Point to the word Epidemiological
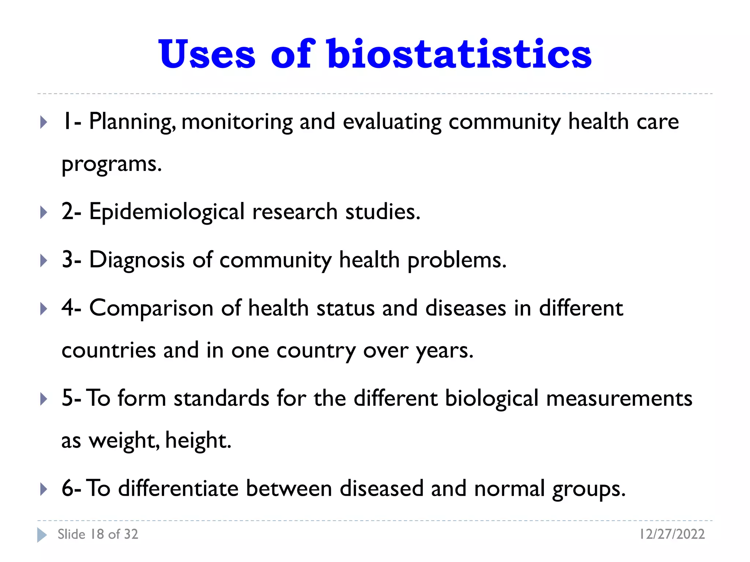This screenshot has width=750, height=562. coord(167,212)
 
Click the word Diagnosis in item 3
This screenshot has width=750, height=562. coord(137,260)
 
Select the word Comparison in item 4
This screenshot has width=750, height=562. coord(151,308)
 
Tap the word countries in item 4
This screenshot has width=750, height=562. coord(108,351)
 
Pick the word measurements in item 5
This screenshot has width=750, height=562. coord(619,398)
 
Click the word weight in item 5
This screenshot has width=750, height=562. coord(124,441)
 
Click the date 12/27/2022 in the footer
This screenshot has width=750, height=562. coord(672,534)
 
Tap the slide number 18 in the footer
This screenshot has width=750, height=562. coord(97,534)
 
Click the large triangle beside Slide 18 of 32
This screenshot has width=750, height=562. coord(42,535)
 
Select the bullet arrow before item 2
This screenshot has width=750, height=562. coord(44,212)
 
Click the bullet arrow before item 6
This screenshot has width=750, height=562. coord(44,489)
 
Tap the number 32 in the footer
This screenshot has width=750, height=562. coord(131,534)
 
